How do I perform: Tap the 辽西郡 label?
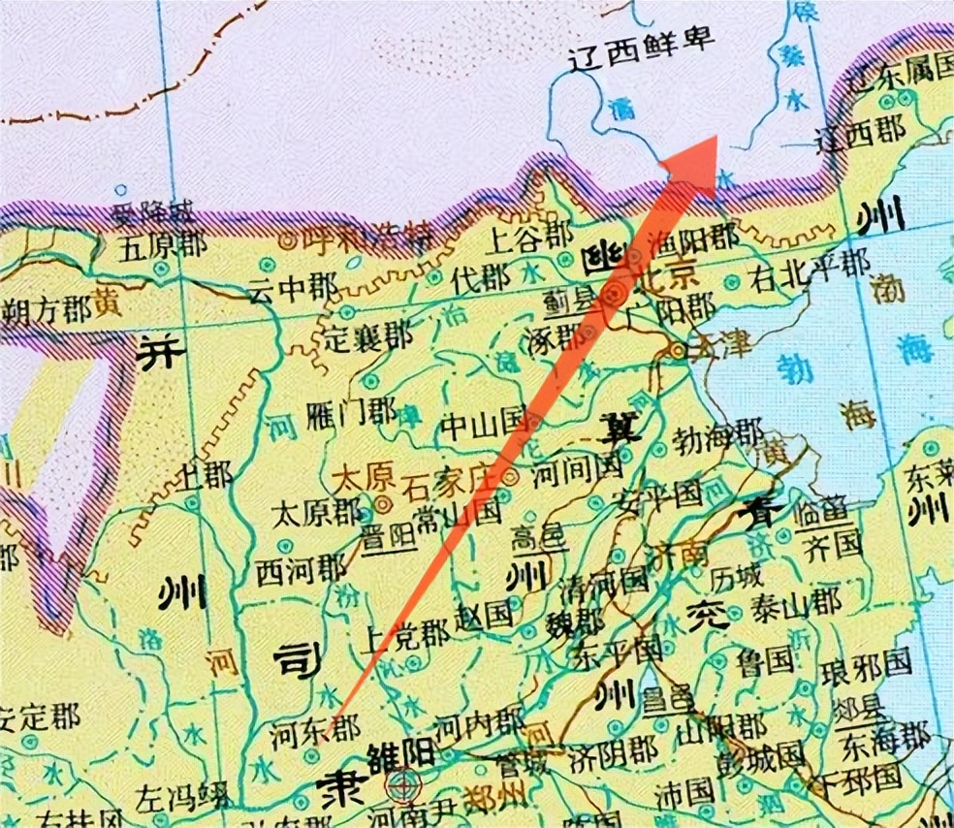tap(859, 131)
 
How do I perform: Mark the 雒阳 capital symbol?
tap(399, 783)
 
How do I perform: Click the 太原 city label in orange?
tap(354, 478)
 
